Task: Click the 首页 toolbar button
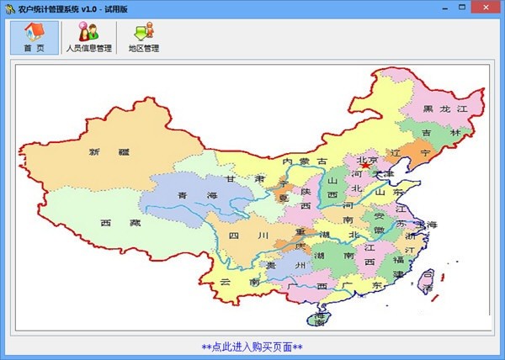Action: click(x=35, y=38)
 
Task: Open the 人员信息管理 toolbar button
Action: click(x=88, y=38)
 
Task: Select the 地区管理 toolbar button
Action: click(x=144, y=38)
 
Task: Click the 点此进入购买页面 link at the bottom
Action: click(x=252, y=347)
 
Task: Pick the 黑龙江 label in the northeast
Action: click(x=444, y=109)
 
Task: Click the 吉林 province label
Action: click(x=442, y=133)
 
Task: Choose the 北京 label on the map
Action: click(x=368, y=161)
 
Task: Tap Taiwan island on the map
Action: click(x=428, y=281)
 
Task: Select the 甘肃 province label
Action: click(x=246, y=179)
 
